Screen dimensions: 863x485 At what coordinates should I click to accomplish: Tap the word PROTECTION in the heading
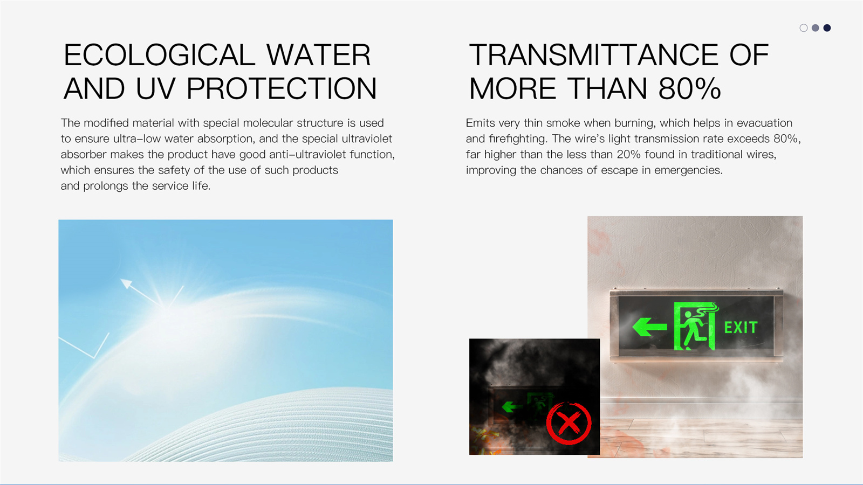click(x=282, y=88)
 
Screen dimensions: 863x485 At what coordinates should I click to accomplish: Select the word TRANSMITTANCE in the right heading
click(x=594, y=54)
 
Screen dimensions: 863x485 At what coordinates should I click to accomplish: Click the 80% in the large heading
click(x=689, y=88)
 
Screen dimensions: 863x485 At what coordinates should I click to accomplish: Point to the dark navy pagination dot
click(x=827, y=27)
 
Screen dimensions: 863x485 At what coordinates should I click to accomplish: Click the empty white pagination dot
click(x=804, y=27)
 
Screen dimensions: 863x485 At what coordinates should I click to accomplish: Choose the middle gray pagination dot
click(x=815, y=27)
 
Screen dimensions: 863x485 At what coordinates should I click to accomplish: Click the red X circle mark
click(x=569, y=423)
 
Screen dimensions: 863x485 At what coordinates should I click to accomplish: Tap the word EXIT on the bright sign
click(x=741, y=328)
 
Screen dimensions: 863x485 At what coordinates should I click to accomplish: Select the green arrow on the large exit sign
click(x=649, y=327)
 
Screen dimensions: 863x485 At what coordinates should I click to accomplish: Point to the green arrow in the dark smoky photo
click(x=511, y=406)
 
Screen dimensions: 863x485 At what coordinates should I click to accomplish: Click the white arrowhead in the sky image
click(x=126, y=283)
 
